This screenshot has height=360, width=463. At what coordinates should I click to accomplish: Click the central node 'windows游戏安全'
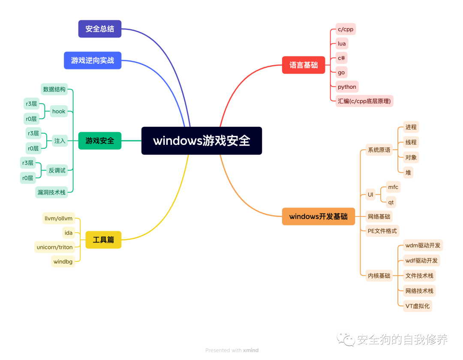click(201, 141)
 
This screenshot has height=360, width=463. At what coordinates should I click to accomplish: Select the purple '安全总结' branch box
click(100, 29)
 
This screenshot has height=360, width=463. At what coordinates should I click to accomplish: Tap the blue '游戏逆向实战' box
click(93, 60)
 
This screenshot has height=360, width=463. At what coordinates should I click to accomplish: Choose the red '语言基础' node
click(304, 65)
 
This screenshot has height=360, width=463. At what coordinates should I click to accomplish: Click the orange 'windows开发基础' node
click(318, 216)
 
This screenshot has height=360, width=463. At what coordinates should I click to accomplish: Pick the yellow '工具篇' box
click(103, 240)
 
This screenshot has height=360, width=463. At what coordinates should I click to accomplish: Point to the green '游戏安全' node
click(100, 141)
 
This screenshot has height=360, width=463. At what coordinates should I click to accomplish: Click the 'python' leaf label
click(347, 87)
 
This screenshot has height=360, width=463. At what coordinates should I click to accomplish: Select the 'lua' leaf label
click(342, 44)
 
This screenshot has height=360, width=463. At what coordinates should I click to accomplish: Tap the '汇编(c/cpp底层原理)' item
click(364, 101)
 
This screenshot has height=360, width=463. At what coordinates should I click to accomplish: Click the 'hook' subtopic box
click(59, 111)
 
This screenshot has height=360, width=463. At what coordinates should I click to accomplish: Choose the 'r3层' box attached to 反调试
click(28, 163)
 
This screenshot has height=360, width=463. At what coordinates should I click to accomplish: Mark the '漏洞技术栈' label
click(51, 192)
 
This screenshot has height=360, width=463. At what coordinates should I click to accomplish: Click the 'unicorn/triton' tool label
click(55, 247)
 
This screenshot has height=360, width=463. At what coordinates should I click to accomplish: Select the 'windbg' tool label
click(63, 261)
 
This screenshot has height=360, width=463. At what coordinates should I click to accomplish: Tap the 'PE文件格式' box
click(382, 231)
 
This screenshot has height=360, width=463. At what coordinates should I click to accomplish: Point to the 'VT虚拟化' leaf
click(418, 306)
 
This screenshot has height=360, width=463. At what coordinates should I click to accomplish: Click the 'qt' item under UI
click(391, 202)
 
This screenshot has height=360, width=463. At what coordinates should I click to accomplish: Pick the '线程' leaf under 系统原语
click(411, 142)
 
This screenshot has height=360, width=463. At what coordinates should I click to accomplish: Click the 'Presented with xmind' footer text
click(232, 350)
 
